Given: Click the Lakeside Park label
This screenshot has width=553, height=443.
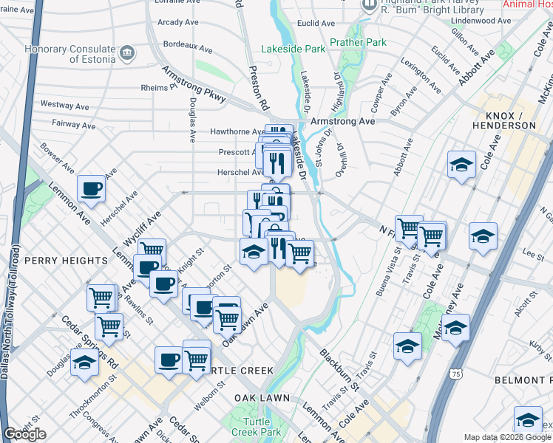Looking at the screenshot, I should pyautogui.click(x=294, y=49).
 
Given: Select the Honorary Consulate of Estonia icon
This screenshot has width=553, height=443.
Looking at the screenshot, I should pyautogui.click(x=127, y=53).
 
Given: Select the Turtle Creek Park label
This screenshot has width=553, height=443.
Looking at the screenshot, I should pyautogui.click(x=256, y=426).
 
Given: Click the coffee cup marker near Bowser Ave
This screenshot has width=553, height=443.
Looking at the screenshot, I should pyautogui.click(x=91, y=188).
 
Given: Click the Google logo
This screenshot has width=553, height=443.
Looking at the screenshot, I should pyautogui.click(x=24, y=434).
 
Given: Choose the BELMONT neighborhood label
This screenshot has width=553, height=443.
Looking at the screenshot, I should pyautogui.click(x=531, y=380).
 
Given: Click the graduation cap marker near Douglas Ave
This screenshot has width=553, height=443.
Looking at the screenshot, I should pyautogui.click(x=85, y=363).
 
